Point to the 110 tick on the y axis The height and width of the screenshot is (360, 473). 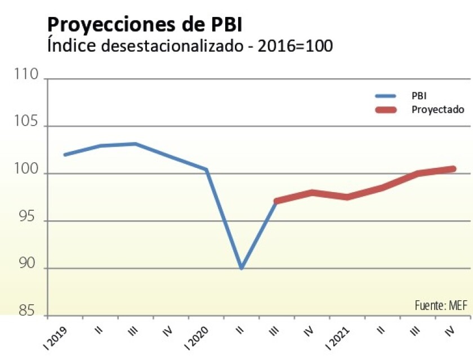click(26, 76)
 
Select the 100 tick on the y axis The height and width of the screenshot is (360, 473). click(26, 172)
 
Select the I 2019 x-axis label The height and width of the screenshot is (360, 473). click(57, 336)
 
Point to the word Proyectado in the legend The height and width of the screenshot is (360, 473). click(438, 109)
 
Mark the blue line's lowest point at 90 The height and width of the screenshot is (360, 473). click(242, 268)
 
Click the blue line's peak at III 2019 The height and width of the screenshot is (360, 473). click(136, 144)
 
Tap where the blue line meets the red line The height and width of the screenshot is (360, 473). click(276, 201)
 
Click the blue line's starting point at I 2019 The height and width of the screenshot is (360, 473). click(65, 154)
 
